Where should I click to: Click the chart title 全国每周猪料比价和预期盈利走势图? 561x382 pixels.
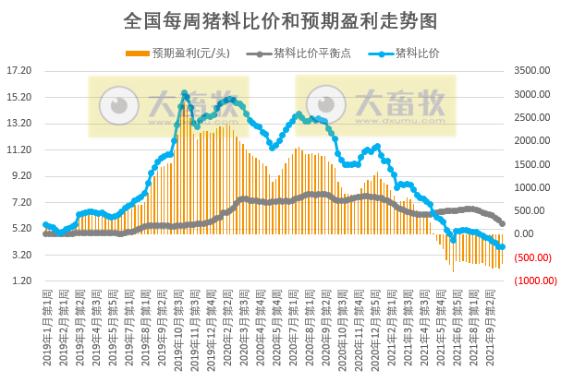tap(280, 19)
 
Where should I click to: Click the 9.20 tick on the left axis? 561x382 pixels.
tap(21, 176)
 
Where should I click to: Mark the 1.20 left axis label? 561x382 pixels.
tap(21, 281)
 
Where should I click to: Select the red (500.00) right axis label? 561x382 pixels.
tap(531, 257)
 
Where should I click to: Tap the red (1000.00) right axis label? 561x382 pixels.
tap(531, 281)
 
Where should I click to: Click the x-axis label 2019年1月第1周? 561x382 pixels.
tap(46, 319)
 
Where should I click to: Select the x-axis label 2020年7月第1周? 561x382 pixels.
tap(288, 319)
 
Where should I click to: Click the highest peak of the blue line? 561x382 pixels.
tap(185, 93)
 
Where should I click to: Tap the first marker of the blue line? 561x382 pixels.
tap(45, 224)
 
